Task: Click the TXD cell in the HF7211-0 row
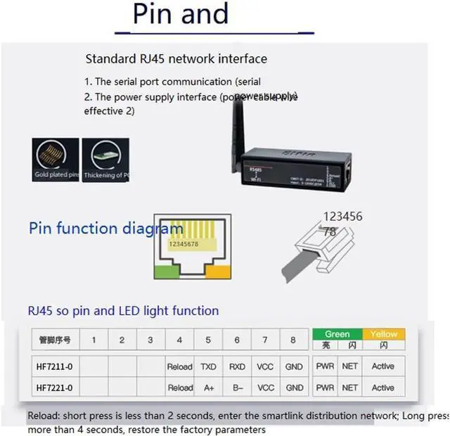pyautogui.click(x=208, y=366)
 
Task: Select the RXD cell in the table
pyautogui.click(x=237, y=366)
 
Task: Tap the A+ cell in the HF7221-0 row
pyautogui.click(x=208, y=387)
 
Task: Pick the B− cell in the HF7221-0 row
pyautogui.click(x=237, y=387)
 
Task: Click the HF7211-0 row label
pyautogui.click(x=55, y=366)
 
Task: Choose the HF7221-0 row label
pyautogui.click(x=55, y=387)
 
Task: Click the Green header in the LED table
pyautogui.click(x=337, y=334)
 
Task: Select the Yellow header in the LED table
pyautogui.click(x=383, y=334)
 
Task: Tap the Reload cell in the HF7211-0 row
pyautogui.click(x=179, y=366)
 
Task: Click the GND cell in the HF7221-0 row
pyautogui.click(x=295, y=387)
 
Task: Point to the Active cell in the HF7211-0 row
pyautogui.click(x=383, y=366)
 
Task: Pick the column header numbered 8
pyautogui.click(x=294, y=340)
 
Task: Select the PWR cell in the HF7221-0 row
pyautogui.click(x=325, y=387)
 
